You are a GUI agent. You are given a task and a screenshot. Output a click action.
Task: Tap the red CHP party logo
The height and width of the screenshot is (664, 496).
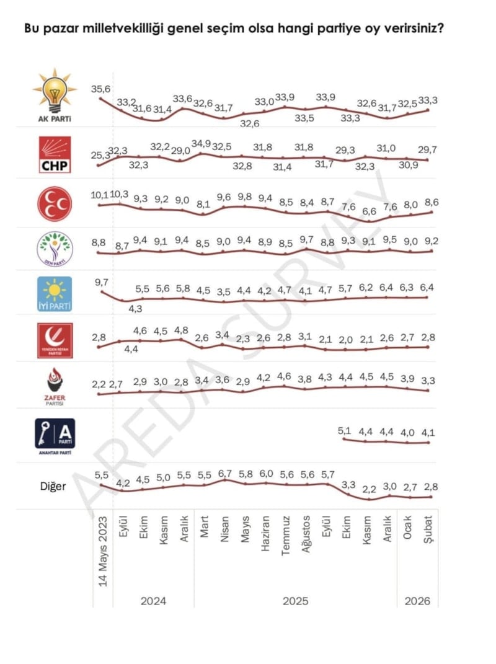coord(55,156)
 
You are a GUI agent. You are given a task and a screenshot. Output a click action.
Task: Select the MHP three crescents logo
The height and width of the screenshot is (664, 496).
coord(55,203)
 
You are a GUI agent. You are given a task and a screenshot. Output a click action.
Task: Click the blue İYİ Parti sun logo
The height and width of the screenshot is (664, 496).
coord(55,294)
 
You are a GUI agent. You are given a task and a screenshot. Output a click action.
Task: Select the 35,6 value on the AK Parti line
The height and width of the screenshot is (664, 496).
coord(100,90)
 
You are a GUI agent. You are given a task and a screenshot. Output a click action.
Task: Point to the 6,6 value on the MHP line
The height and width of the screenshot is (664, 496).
coord(370,211)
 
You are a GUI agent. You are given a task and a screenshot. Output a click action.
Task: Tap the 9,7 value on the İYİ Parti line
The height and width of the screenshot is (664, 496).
coord(102,282)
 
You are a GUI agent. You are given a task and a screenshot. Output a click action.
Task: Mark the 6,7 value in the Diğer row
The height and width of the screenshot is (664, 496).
coord(224,474)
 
